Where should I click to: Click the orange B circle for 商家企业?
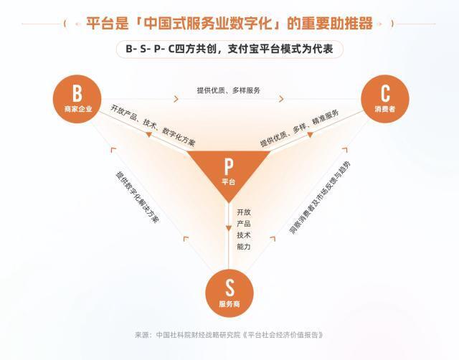tap(77, 99)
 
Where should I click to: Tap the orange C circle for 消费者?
tap(385, 99)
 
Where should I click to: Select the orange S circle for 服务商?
tap(229, 293)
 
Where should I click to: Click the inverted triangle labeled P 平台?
tap(229, 173)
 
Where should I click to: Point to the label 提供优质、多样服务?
tap(229, 90)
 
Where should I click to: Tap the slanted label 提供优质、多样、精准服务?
tap(300, 128)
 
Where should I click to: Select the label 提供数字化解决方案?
tap(138, 197)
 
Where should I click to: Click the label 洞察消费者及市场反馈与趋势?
tap(320, 197)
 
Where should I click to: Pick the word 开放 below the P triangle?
tap(244, 212)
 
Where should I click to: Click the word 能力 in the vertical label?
tap(244, 247)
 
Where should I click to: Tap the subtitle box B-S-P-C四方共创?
tap(229, 49)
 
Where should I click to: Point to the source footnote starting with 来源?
tap(229, 334)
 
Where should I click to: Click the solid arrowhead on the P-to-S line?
tap(229, 228)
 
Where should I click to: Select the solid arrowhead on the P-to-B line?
tap(148, 134)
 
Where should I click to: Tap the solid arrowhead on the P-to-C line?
tap(310, 134)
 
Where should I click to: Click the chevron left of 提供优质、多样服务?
tap(176, 99)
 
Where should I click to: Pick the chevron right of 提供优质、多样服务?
tap(281, 99)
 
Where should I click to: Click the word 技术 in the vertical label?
tap(244, 235)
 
